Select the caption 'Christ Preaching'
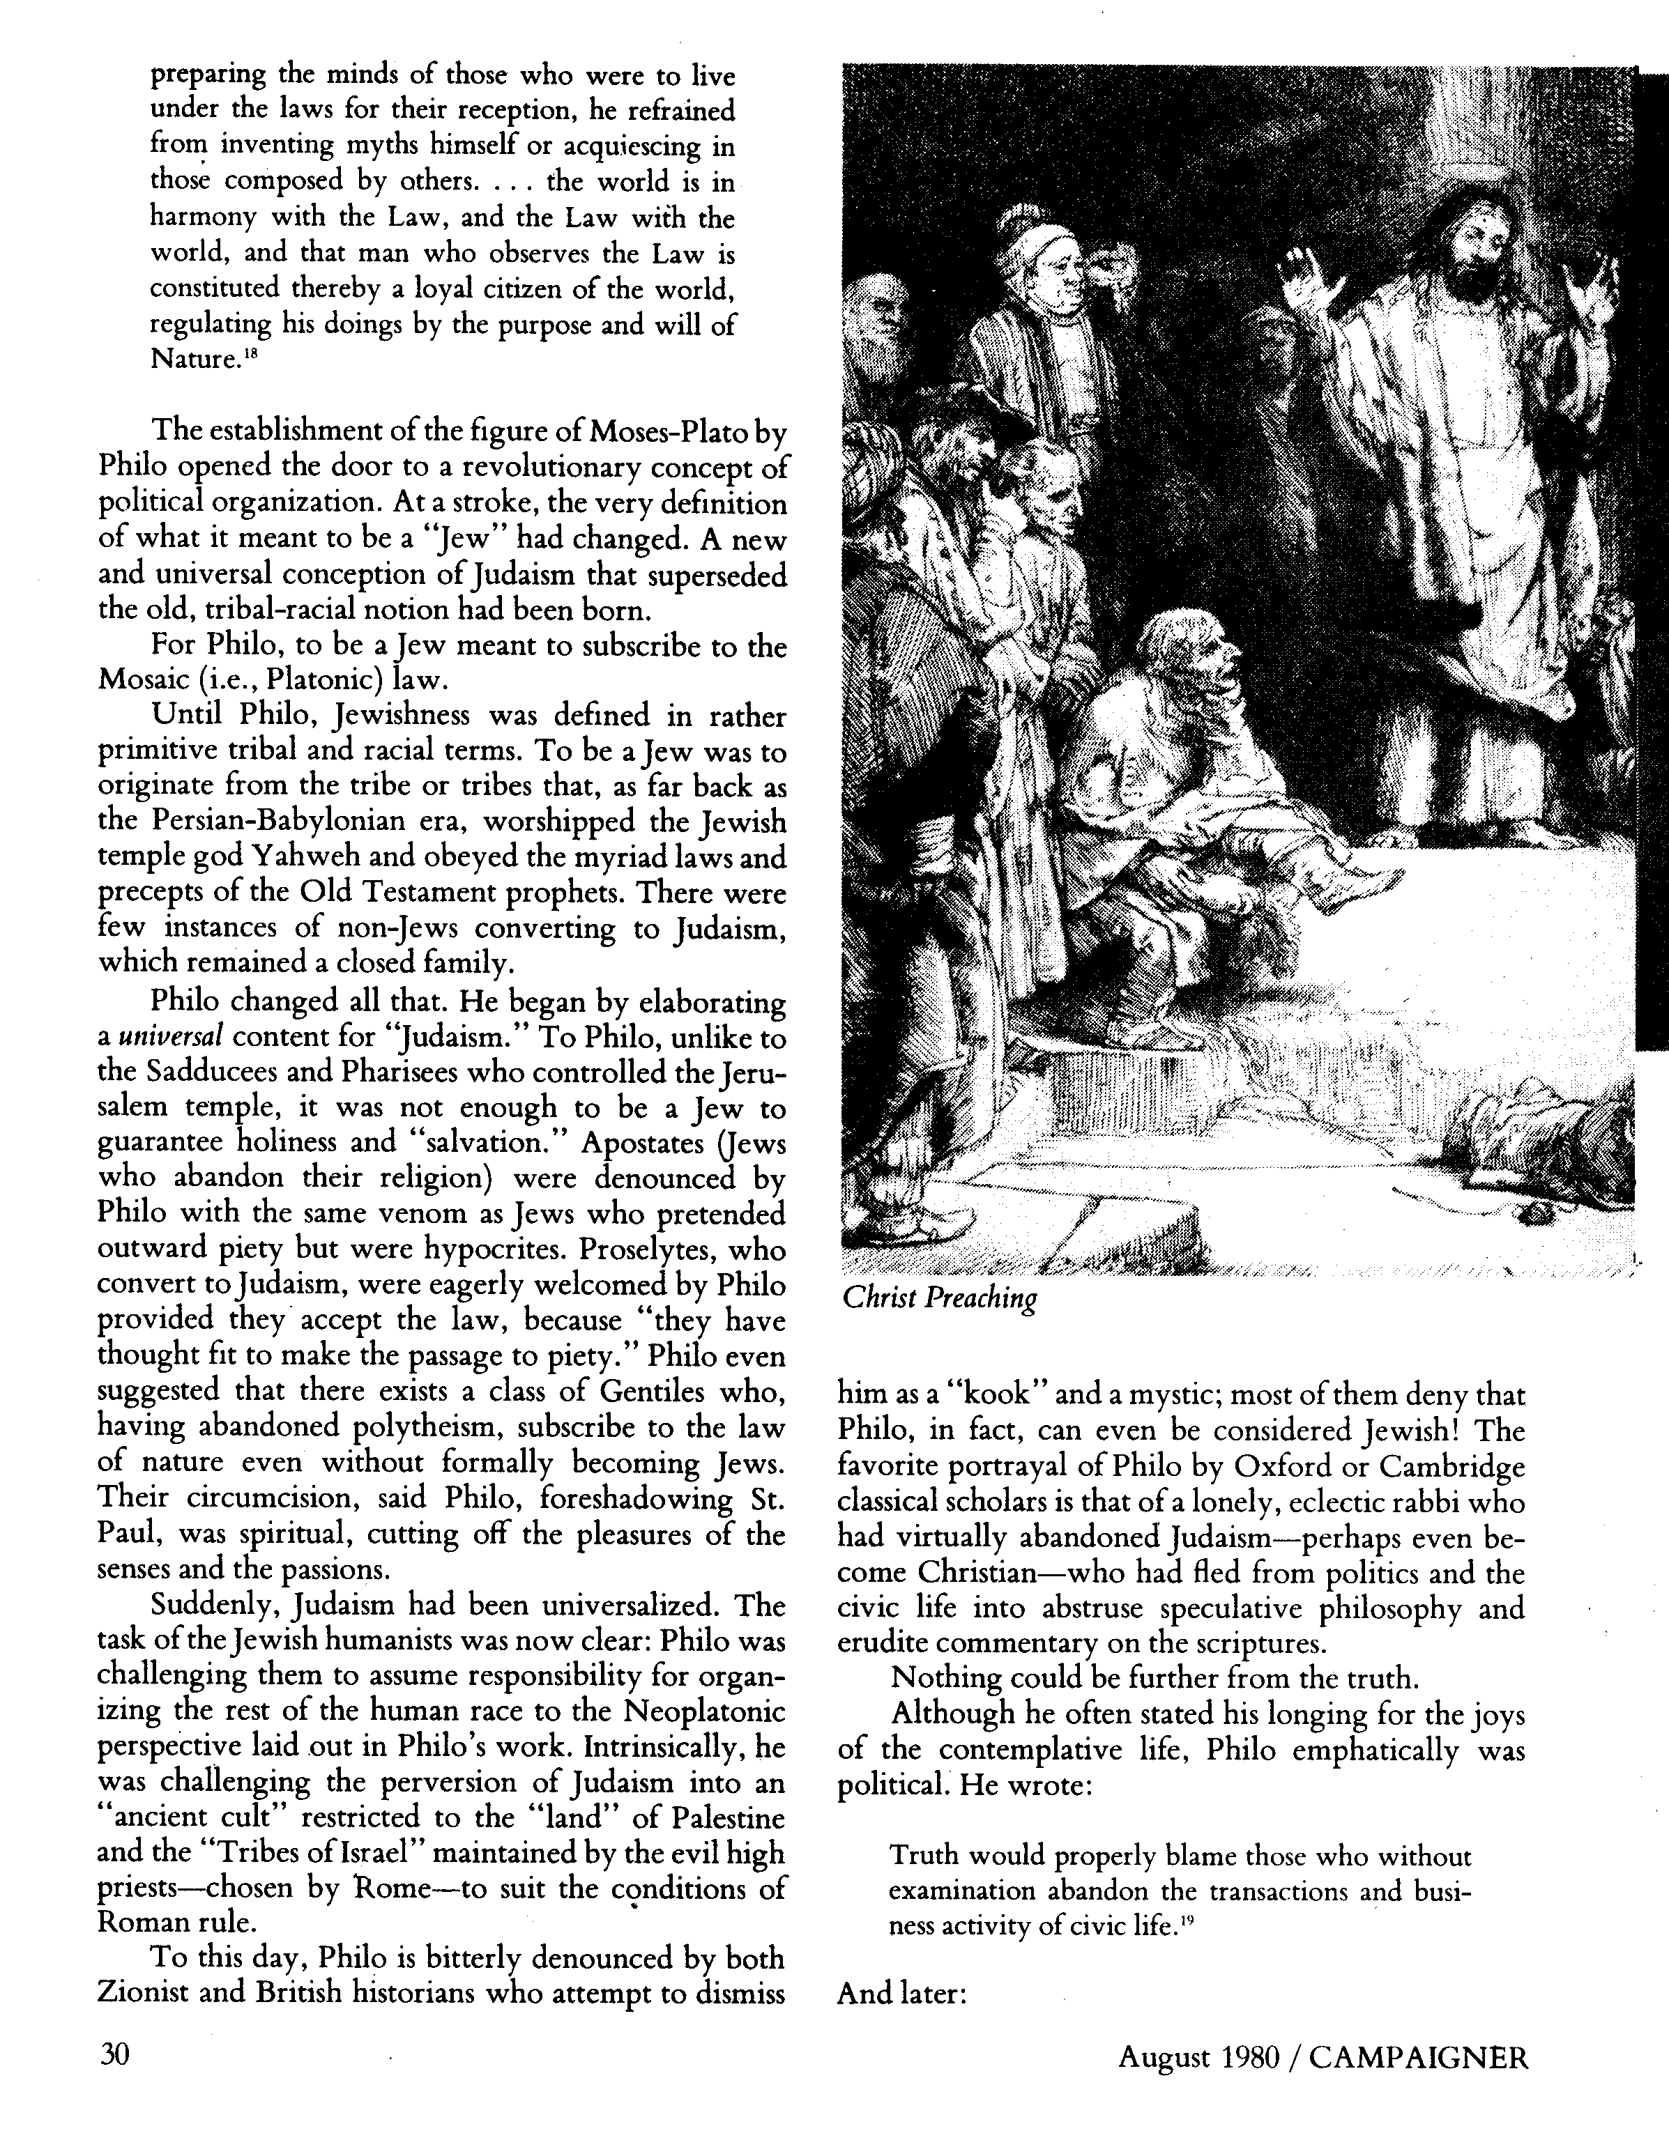[939, 1299]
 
